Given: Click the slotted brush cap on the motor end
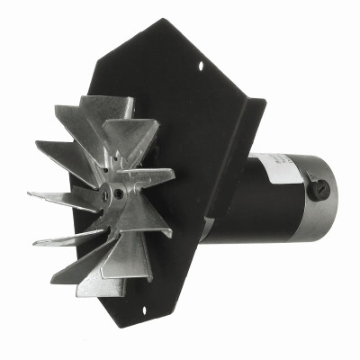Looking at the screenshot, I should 318,190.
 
